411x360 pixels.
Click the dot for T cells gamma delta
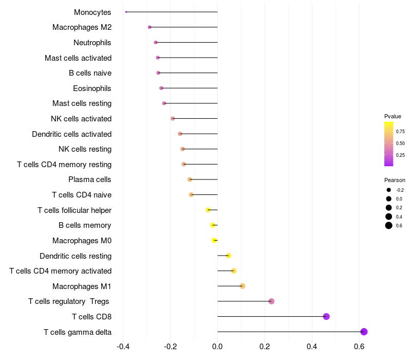click(364, 332)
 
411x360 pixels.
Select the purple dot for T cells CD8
click(326, 316)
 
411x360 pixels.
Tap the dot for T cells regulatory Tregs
click(271, 301)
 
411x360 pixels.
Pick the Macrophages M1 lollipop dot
click(242, 286)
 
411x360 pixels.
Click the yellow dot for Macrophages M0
click(214, 240)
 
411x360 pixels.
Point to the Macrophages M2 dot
click(150, 27)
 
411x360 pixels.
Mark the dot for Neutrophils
click(156, 42)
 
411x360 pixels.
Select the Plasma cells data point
click(190, 179)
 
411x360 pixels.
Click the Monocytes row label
click(92, 12)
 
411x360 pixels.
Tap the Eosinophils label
click(92, 88)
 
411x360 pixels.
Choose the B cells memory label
click(85, 225)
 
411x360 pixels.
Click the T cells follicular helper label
click(74, 210)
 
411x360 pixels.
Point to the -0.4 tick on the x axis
click(123, 347)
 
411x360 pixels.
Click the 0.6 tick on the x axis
click(360, 347)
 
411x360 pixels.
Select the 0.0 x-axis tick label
click(218, 347)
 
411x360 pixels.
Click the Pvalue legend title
click(393, 116)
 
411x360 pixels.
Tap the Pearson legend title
click(395, 180)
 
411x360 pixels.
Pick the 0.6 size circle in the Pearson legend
click(389, 225)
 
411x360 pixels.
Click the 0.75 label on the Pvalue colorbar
click(400, 131)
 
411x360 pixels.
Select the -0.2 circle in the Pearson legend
click(389, 190)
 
